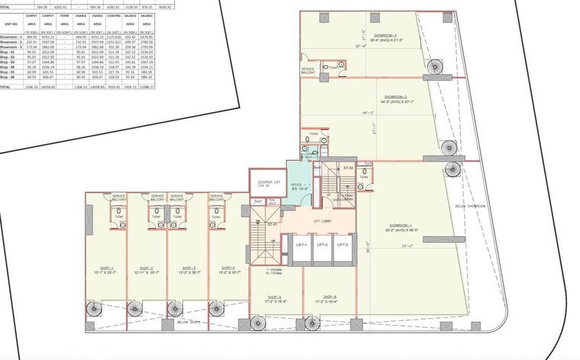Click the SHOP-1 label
(105, 268)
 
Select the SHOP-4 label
(228, 268)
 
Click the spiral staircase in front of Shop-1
(93, 309)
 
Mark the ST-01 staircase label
(272, 224)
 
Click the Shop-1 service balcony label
(119, 198)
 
